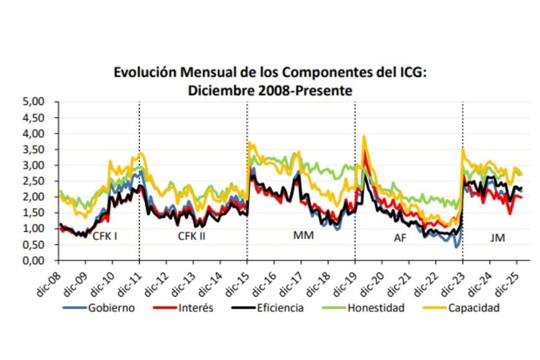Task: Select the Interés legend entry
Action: [x=196, y=308]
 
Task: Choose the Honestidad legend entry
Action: [x=375, y=308]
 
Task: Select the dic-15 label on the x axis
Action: [x=236, y=279]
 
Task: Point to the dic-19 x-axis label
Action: [x=344, y=279]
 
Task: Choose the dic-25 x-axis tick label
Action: [x=506, y=279]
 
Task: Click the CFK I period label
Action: [x=105, y=236]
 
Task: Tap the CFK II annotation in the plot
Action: [x=192, y=236]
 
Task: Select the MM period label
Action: [x=304, y=236]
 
